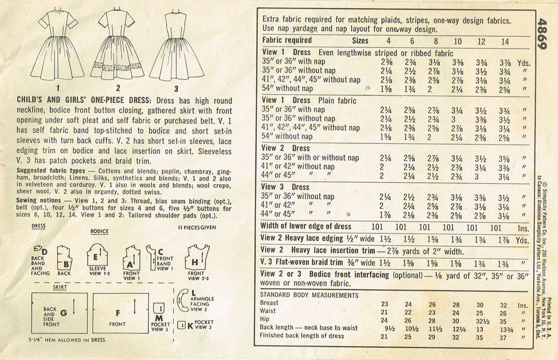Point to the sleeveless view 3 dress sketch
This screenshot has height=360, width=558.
point(176,47)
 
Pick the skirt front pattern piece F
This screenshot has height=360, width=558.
point(118,313)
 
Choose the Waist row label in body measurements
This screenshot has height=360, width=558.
point(269,311)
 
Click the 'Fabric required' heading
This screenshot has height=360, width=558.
point(287,40)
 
